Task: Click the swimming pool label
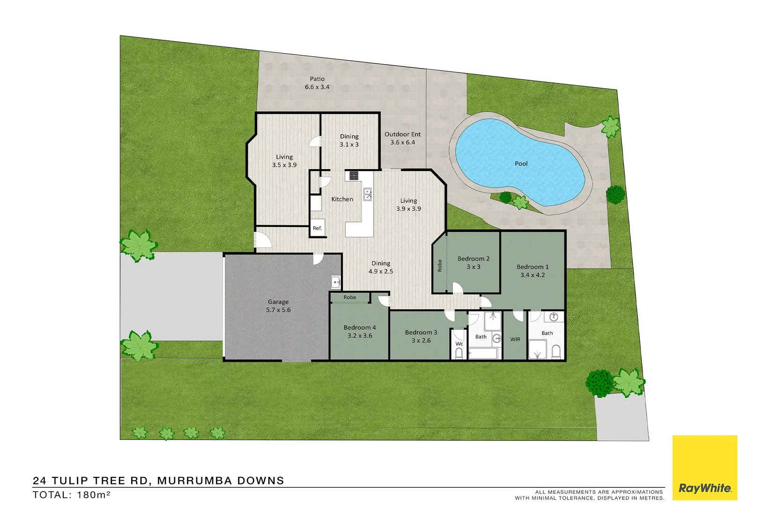tap(521, 164)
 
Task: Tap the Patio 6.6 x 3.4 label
tap(317, 83)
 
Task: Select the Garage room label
tap(278, 305)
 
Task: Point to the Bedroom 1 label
tap(533, 271)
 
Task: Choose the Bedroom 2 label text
tap(474, 262)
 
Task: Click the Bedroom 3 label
tap(421, 336)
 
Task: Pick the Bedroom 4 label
tap(360, 331)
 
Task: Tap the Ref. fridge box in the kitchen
tap(318, 228)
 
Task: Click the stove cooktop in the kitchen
tap(354, 176)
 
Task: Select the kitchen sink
tap(368, 194)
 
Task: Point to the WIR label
tap(515, 339)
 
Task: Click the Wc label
tap(459, 343)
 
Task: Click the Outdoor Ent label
tap(403, 138)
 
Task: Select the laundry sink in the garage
tap(336, 282)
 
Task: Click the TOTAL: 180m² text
tap(71, 495)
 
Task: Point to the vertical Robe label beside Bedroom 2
tap(439, 266)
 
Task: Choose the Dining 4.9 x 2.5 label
tap(381, 267)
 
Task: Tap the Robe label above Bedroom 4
tap(349, 297)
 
